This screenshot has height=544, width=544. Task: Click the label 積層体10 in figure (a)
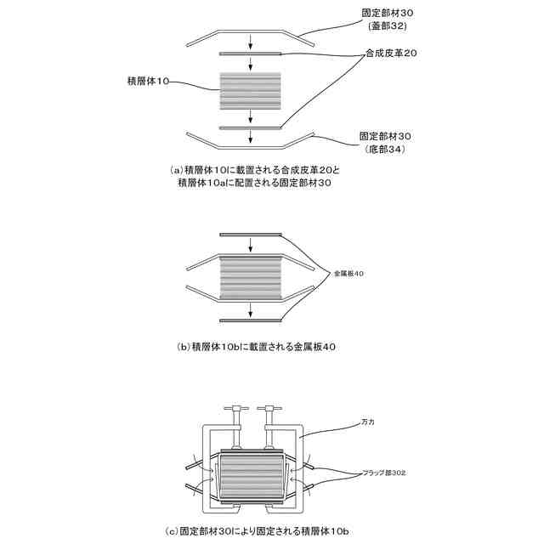[x=148, y=82]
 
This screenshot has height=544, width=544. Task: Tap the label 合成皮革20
[x=391, y=53]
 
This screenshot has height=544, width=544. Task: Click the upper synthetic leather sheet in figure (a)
[x=250, y=53]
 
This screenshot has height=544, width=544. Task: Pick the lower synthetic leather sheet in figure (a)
[x=250, y=127]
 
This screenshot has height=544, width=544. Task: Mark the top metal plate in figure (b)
[x=250, y=234]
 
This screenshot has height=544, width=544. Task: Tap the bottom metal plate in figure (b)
[x=250, y=320]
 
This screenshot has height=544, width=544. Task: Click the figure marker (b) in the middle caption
[x=183, y=347]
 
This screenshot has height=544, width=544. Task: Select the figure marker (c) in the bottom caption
[x=170, y=531]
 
